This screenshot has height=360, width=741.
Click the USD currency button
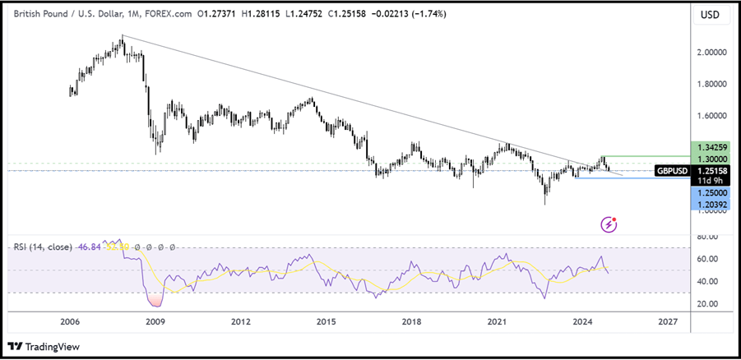tap(709, 15)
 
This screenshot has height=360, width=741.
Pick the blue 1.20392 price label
tap(709, 204)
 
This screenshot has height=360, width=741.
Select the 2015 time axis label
tap(327, 321)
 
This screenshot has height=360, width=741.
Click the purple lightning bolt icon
tap(609, 224)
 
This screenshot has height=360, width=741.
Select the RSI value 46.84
tap(88, 246)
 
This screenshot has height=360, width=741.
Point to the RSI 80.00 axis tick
tap(707, 238)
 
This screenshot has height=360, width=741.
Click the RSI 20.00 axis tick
tap(707, 304)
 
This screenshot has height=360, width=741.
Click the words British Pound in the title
tap(44, 15)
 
